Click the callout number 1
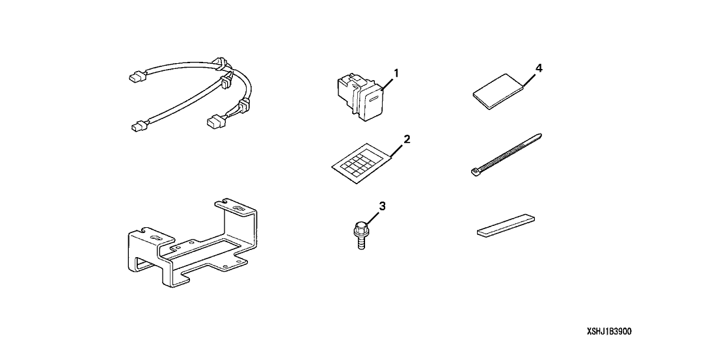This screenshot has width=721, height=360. point(396,73)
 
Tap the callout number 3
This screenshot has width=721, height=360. point(382,206)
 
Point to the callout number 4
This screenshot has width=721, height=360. point(538,68)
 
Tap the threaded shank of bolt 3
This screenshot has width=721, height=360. point(361,242)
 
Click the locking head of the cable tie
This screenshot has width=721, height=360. point(475,173)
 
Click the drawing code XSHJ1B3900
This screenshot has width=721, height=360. point(609,331)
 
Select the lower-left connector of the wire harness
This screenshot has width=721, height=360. point(137,126)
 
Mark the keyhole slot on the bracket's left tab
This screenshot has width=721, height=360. point(156,238)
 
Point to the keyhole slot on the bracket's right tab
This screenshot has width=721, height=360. point(239,210)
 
